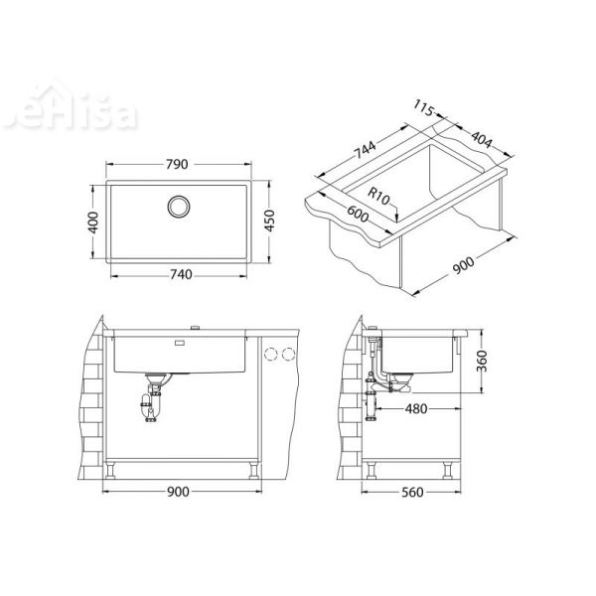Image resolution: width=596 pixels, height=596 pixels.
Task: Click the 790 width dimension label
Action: click(177, 165)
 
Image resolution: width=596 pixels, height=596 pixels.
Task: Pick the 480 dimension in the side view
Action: click(416, 409)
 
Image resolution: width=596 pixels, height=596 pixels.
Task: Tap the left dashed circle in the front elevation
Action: click(270, 354)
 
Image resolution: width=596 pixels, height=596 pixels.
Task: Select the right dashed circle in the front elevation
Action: click(289, 354)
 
